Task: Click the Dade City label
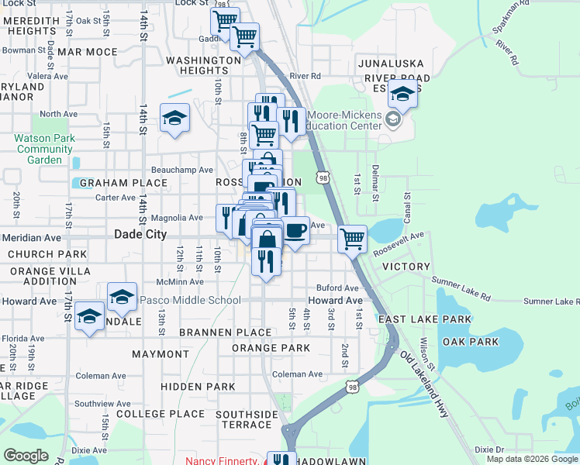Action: click(x=140, y=233)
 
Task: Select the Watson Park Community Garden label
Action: click(x=44, y=149)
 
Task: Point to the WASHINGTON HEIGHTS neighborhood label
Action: click(x=204, y=65)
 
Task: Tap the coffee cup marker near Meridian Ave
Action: click(x=295, y=230)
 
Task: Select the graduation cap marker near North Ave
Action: click(x=174, y=118)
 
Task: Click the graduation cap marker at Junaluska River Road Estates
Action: click(x=402, y=95)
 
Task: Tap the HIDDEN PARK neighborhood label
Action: click(x=198, y=386)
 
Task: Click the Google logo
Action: click(x=26, y=456)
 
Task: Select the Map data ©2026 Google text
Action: click(x=532, y=459)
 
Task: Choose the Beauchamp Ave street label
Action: click(x=182, y=170)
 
